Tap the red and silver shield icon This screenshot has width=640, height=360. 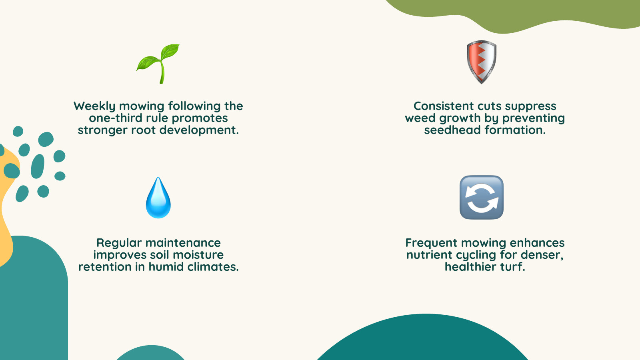click(x=482, y=62)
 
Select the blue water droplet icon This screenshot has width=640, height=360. click(x=158, y=198)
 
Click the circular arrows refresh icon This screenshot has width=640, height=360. click(x=482, y=198)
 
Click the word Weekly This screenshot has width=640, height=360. click(x=94, y=106)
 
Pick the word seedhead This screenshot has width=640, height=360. click(x=452, y=130)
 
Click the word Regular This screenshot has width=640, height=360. click(x=119, y=243)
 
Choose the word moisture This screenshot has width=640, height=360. click(x=198, y=255)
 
